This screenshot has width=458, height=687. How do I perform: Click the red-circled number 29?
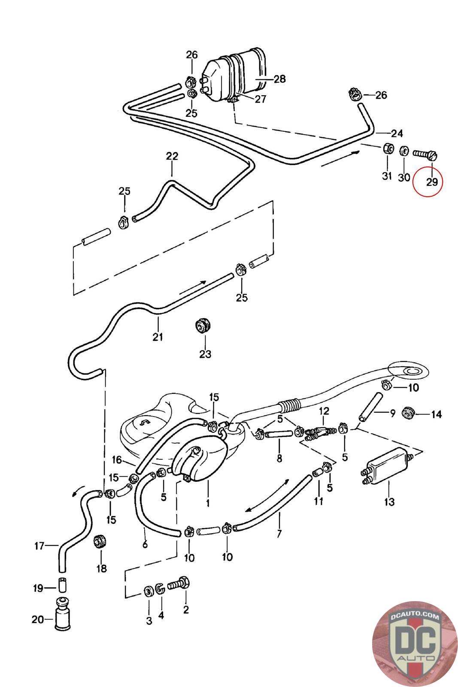[x=432, y=182]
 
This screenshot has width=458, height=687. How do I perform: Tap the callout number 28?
[x=279, y=79]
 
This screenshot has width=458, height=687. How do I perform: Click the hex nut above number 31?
[x=387, y=149]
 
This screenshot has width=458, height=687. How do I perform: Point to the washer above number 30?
[x=404, y=151]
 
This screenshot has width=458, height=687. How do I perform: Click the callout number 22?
[x=172, y=156]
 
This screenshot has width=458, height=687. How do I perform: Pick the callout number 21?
[x=158, y=337]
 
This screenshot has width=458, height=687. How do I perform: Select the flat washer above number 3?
[x=149, y=591]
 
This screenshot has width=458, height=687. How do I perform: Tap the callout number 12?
[x=324, y=411]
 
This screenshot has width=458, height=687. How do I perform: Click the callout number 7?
[x=279, y=534]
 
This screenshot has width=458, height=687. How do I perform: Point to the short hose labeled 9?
[x=371, y=407]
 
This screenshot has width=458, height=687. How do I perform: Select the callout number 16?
[x=116, y=460]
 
